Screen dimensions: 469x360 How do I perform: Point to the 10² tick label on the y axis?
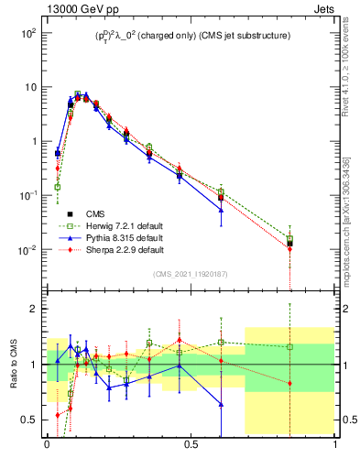28,33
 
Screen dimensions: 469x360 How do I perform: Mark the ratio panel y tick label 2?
32,309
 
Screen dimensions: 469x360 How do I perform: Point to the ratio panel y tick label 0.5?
28,420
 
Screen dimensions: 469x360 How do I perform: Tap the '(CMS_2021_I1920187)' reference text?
191,274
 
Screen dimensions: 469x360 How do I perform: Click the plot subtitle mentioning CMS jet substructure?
191,36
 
